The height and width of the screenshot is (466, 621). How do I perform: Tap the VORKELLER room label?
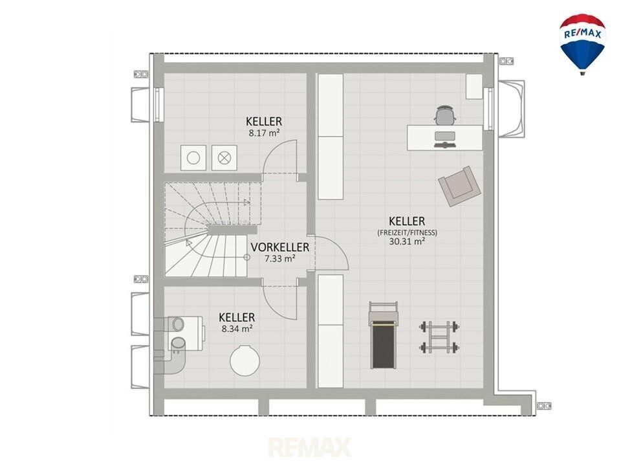click(x=279, y=247)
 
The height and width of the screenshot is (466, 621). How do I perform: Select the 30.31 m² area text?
click(x=407, y=241)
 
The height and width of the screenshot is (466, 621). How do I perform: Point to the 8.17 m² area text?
click(x=264, y=133)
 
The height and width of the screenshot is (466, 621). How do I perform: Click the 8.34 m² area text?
click(x=237, y=329)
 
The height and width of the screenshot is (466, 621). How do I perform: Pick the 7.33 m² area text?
click(x=279, y=259)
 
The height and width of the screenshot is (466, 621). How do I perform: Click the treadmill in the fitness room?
click(x=383, y=335)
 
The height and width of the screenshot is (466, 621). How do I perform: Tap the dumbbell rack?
click(x=440, y=337)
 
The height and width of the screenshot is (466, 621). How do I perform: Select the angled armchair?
click(x=459, y=186)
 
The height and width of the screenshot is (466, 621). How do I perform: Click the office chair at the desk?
click(x=446, y=115)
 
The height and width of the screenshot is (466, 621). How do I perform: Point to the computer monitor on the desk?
click(x=445, y=137)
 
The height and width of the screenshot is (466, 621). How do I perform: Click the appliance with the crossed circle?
click(x=224, y=158)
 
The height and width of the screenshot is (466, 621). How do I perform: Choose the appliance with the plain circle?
click(x=193, y=158)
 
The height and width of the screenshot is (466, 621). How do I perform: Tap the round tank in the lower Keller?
click(x=245, y=361)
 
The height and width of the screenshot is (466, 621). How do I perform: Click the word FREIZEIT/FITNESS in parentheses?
click(x=407, y=232)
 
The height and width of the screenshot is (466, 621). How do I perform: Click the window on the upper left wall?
click(x=159, y=105)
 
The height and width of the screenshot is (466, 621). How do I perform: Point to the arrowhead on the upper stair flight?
click(x=246, y=202)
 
